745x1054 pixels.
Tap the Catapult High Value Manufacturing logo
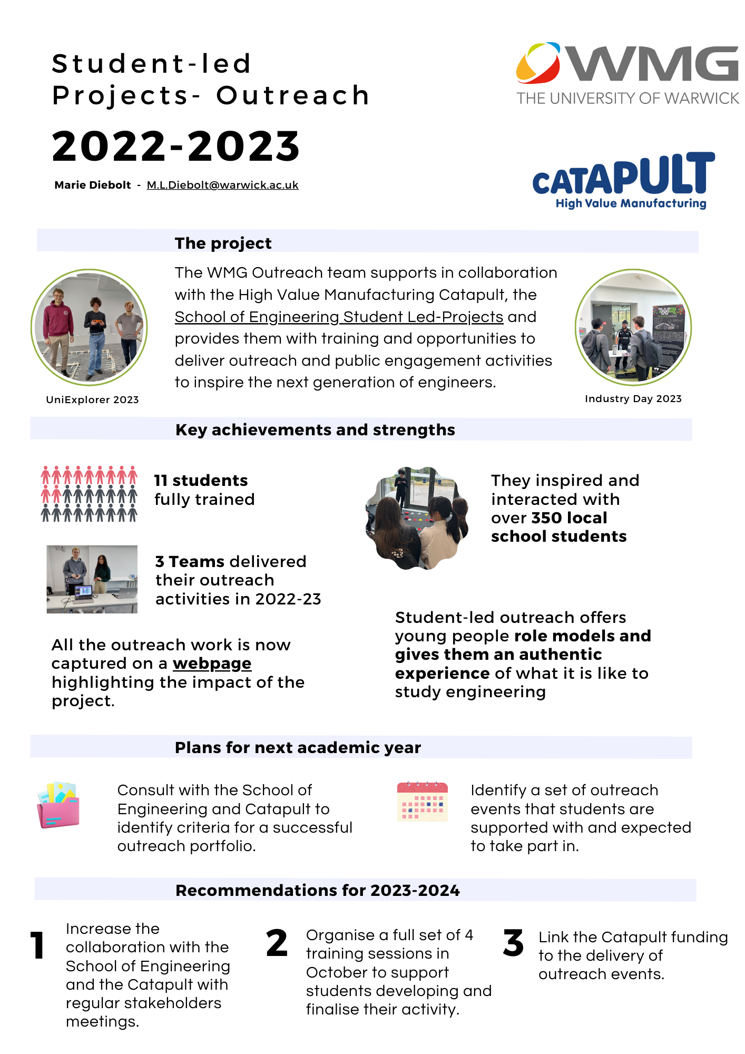[x=624, y=181]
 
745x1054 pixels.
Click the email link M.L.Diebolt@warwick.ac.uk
[x=222, y=185]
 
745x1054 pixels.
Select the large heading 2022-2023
[x=176, y=146]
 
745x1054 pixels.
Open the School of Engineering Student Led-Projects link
[x=339, y=317]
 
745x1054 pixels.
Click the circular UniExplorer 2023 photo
[x=89, y=327]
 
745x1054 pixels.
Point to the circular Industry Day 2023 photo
[x=633, y=327]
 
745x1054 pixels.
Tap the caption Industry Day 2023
[x=633, y=399]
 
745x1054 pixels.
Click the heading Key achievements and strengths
[x=315, y=430]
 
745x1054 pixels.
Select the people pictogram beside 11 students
[x=89, y=494]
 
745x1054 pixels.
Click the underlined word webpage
[x=212, y=663]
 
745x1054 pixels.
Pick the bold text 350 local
[x=569, y=518]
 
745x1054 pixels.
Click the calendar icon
[x=422, y=802]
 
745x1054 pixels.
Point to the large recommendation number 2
[x=277, y=943]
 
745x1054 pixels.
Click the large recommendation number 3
[x=513, y=943]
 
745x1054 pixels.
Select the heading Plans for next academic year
[x=298, y=748]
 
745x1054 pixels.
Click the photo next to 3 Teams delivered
[x=92, y=579]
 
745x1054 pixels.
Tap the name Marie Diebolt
[x=93, y=185]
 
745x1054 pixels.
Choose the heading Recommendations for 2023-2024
[x=317, y=891]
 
